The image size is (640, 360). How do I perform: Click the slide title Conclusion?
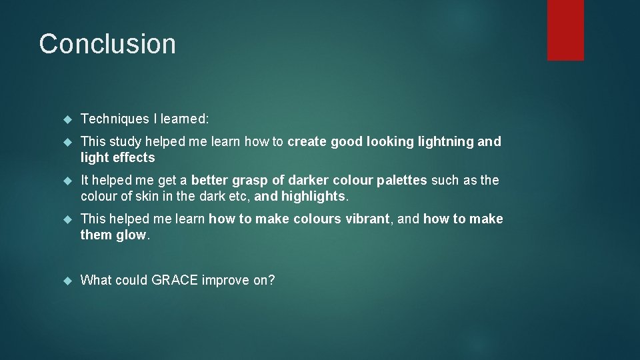pos(107,44)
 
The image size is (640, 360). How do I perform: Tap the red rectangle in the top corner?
pos(565,30)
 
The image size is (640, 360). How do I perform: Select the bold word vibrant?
pos(365,219)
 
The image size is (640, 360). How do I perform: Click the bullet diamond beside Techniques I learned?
pos(67,119)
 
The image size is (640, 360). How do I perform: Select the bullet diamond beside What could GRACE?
pos(67,281)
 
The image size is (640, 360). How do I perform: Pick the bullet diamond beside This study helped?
pos(67,142)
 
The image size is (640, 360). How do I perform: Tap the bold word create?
pos(307,141)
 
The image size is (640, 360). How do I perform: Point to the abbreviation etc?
pos(239,196)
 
